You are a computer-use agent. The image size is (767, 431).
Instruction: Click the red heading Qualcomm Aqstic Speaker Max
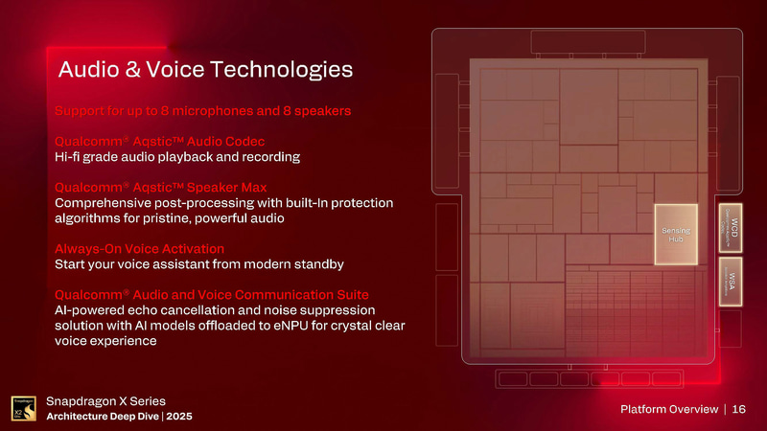[x=161, y=187]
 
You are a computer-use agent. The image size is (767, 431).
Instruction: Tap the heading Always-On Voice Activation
[x=153, y=248]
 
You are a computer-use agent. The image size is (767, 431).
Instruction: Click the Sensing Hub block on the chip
[x=678, y=234]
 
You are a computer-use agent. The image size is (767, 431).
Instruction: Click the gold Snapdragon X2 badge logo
[x=24, y=409]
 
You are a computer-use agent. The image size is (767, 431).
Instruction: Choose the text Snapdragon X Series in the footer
[x=106, y=399]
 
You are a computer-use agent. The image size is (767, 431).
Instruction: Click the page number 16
[x=739, y=409]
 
